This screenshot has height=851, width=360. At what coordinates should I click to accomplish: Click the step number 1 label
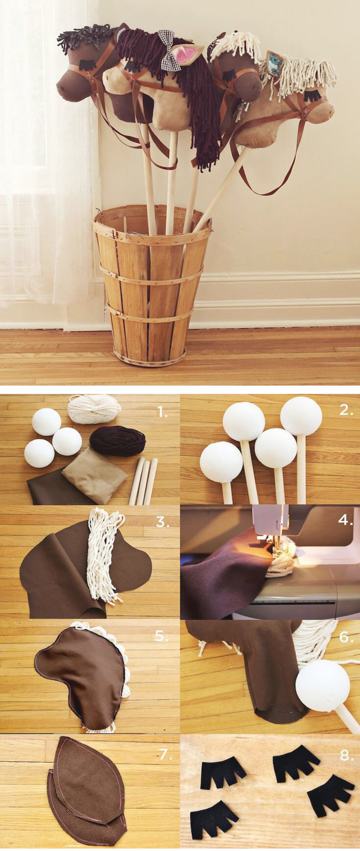tap(162, 413)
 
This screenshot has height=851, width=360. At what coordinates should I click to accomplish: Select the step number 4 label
tap(345, 520)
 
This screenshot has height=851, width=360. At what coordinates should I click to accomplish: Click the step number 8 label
tap(346, 755)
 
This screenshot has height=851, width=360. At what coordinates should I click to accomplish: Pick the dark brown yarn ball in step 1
tap(118, 440)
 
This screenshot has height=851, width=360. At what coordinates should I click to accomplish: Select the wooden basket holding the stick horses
tap(152, 284)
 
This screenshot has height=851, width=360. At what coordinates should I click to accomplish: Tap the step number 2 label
tap(346, 411)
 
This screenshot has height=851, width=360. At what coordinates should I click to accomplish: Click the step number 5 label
tap(162, 636)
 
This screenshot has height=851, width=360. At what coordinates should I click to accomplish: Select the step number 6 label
tap(346, 637)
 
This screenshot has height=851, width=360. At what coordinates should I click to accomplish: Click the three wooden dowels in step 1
tap(144, 481)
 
